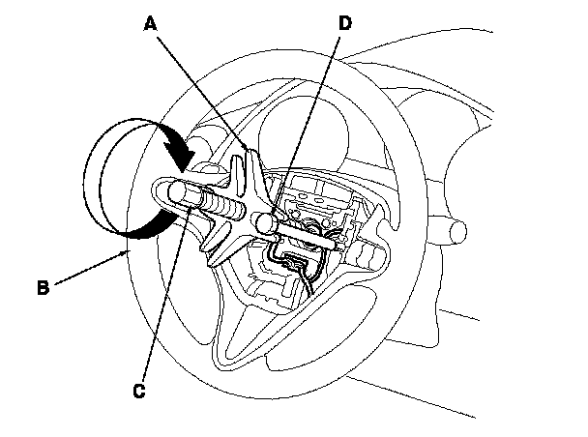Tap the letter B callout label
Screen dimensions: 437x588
click(43, 286)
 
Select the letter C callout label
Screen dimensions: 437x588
click(139, 391)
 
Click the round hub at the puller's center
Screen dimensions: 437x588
click(262, 222)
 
